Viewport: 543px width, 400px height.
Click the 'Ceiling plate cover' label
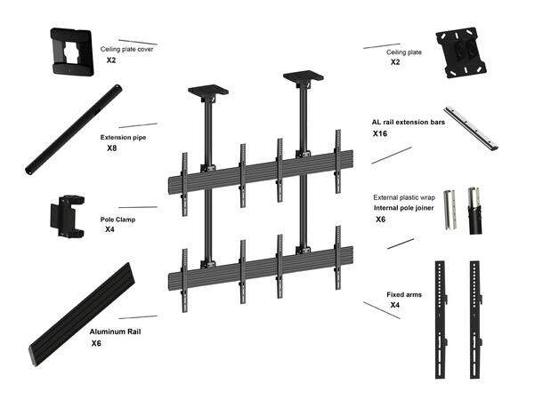click(x=126, y=49)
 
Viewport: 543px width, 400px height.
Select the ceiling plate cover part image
click(x=72, y=52)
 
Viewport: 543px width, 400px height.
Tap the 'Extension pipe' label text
click(x=123, y=137)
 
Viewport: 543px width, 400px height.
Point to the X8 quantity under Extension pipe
click(x=111, y=148)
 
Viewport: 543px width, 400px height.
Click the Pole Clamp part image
click(x=68, y=217)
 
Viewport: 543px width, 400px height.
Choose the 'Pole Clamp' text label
click(x=118, y=220)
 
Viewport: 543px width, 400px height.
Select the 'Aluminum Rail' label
click(x=115, y=332)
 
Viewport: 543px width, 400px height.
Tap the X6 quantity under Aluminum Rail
click(x=96, y=343)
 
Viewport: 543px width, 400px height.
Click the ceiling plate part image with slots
click(x=461, y=52)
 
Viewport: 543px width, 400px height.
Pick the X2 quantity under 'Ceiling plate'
click(x=395, y=62)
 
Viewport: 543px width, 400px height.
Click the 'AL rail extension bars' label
click(x=409, y=122)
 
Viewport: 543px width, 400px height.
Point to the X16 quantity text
click(x=380, y=133)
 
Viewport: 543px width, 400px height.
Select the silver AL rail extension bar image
click(x=471, y=128)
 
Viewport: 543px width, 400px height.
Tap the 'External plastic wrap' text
click(x=404, y=197)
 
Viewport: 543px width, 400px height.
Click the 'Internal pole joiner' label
click(x=404, y=208)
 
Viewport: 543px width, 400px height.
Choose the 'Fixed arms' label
click(x=404, y=294)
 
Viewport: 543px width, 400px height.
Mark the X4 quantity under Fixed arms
click(x=394, y=305)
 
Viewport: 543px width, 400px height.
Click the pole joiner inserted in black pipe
click(x=474, y=211)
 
